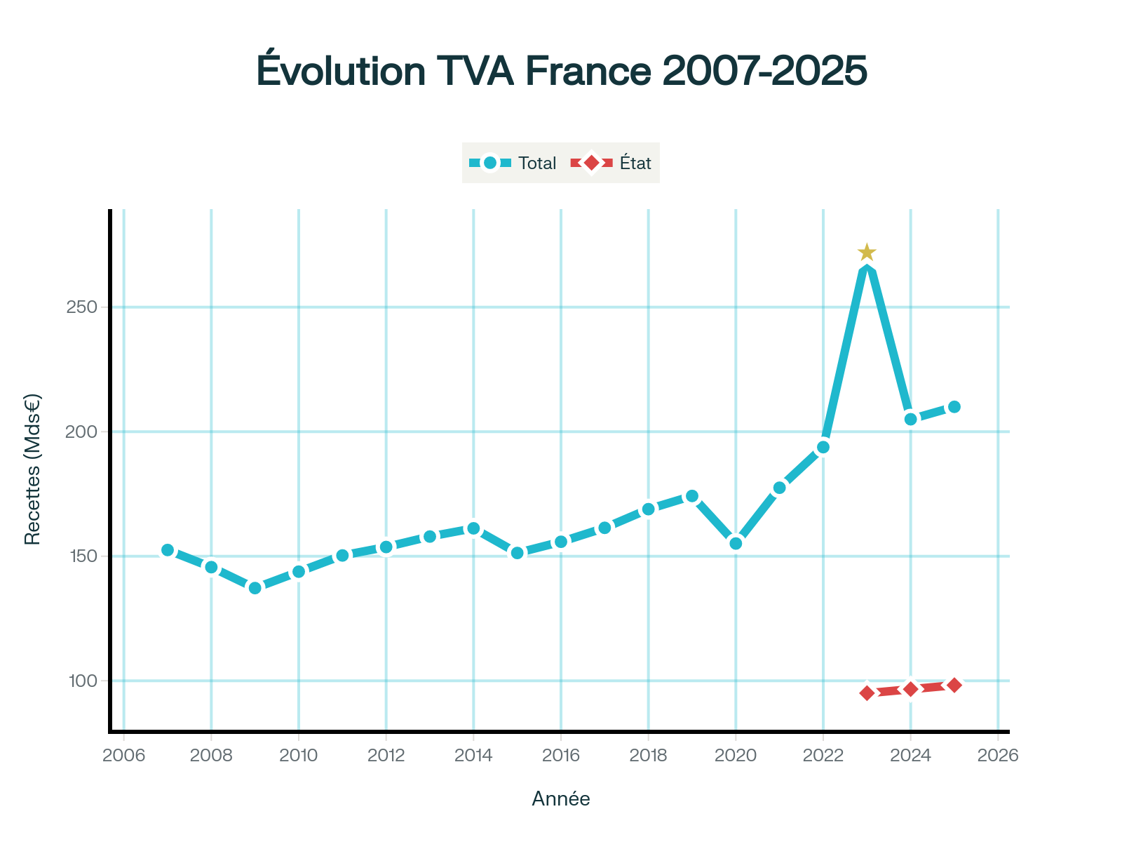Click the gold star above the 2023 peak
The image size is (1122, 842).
coord(867,252)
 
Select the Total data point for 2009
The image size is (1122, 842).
coord(255,588)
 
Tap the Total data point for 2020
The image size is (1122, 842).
coord(736,543)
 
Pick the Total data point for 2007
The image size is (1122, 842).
coord(168,550)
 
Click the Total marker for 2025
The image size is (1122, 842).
coord(954,407)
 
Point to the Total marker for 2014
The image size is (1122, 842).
coord(473,528)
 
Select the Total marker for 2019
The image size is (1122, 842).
coord(692,496)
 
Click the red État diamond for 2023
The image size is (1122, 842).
coord(867,693)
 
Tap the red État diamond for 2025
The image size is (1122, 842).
coord(954,686)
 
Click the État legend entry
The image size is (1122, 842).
coord(612,163)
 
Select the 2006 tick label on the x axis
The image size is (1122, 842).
coord(123,756)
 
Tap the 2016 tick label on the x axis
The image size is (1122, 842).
coord(561,756)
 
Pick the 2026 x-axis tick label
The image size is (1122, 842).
coord(998,756)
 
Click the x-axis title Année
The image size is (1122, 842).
coord(561,798)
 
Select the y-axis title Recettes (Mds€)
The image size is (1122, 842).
coord(32,469)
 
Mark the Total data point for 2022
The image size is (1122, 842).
coord(823,447)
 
